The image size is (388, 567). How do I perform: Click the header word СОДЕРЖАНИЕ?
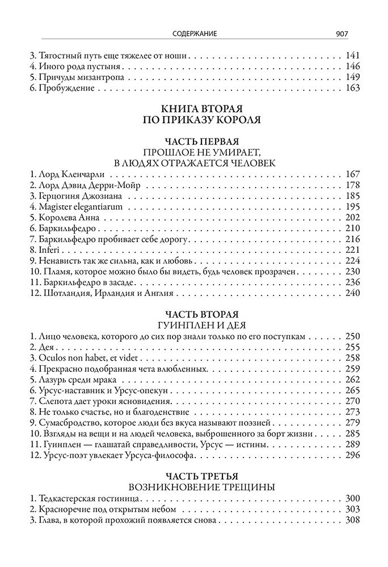tap(194, 34)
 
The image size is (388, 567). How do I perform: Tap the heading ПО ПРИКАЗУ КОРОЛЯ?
tap(194, 120)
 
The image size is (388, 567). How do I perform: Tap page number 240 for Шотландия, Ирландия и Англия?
tap(352, 293)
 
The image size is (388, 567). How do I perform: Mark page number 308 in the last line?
tap(352, 521)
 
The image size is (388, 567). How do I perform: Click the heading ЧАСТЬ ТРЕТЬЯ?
tap(194, 476)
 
